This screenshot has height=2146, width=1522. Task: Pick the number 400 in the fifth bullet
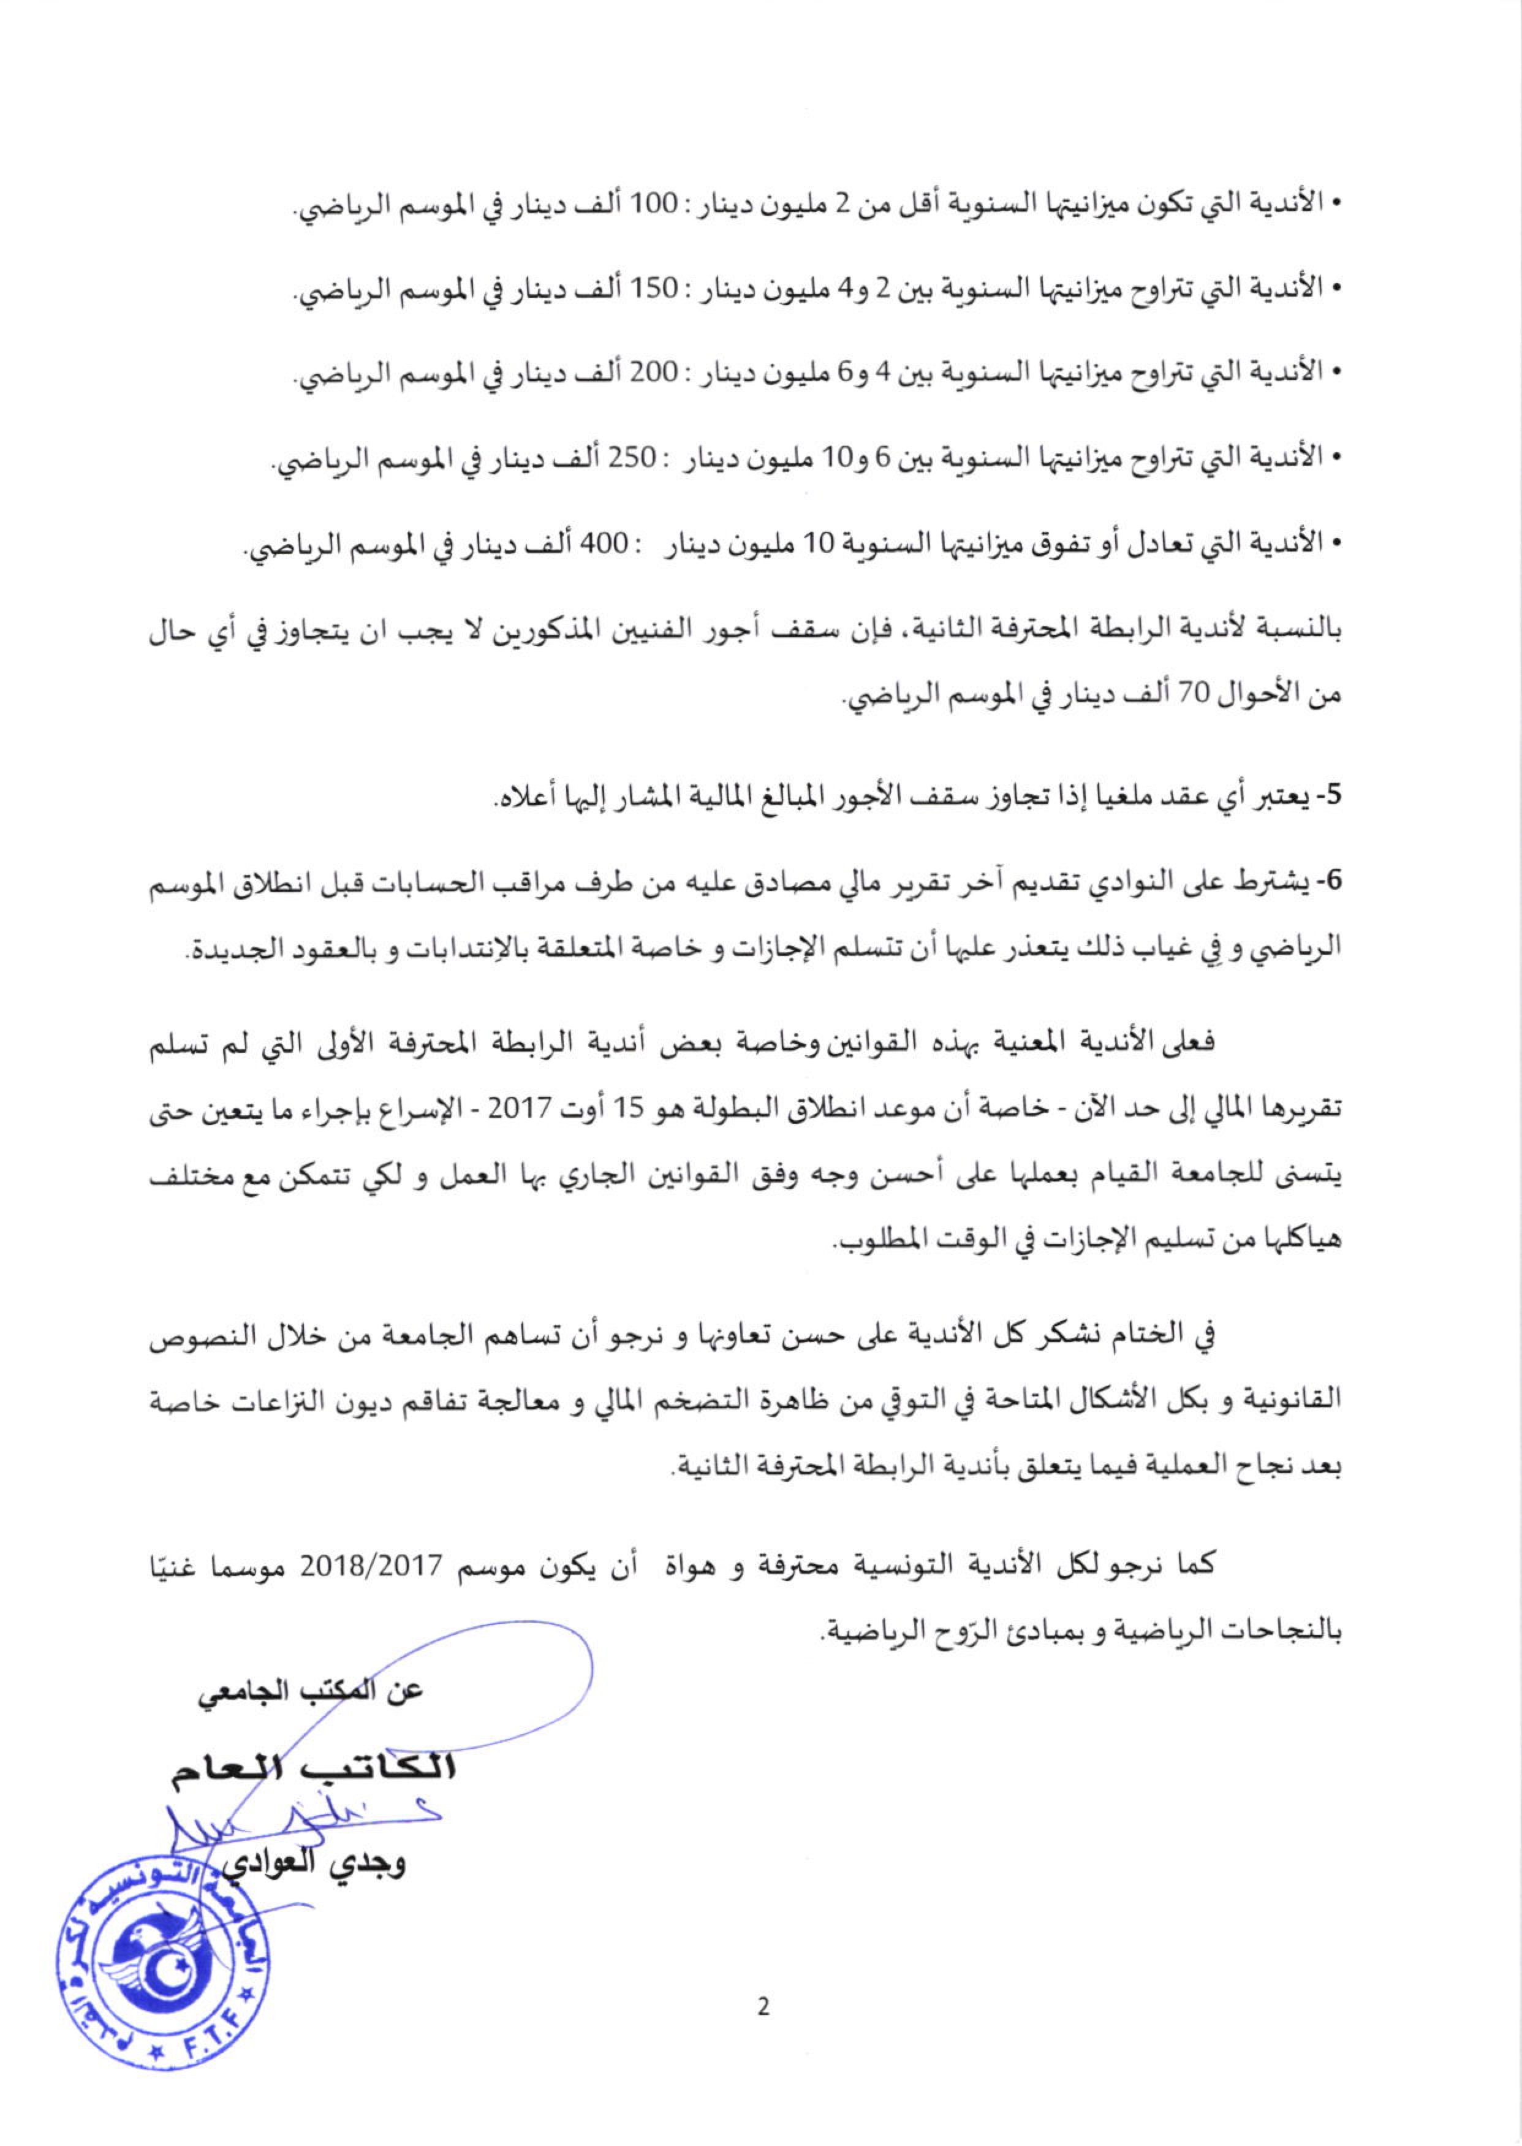(x=600, y=542)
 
